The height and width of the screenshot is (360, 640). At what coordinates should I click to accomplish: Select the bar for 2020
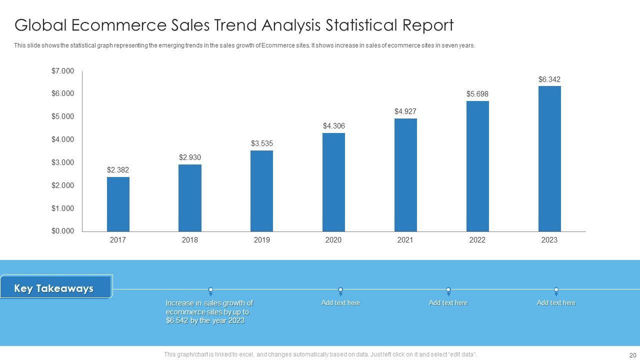333,182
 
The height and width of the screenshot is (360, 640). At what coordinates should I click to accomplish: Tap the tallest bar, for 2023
549,158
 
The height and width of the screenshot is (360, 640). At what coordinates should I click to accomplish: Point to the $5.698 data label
477,94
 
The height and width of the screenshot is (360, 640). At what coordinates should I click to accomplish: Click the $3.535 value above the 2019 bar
262,144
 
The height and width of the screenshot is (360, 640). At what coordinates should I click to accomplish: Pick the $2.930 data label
190,157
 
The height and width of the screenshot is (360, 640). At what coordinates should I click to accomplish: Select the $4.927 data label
405,111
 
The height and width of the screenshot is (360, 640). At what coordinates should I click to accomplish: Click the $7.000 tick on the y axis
62,71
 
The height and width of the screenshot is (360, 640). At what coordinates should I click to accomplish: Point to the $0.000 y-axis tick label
62,231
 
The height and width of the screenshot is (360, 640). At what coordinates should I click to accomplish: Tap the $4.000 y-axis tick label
62,139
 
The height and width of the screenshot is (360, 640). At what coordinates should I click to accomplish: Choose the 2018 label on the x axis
190,240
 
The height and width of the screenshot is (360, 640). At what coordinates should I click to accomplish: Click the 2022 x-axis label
477,240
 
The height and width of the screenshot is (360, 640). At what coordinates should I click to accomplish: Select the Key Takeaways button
55,288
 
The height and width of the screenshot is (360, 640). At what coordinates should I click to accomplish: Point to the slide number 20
632,355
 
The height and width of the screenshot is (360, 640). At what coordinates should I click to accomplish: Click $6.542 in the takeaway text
177,320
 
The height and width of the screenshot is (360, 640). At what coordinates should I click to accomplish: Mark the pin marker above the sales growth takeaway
210,290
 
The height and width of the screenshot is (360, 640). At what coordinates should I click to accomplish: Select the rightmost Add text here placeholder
556,303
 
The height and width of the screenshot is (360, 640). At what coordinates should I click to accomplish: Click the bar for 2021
405,175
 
